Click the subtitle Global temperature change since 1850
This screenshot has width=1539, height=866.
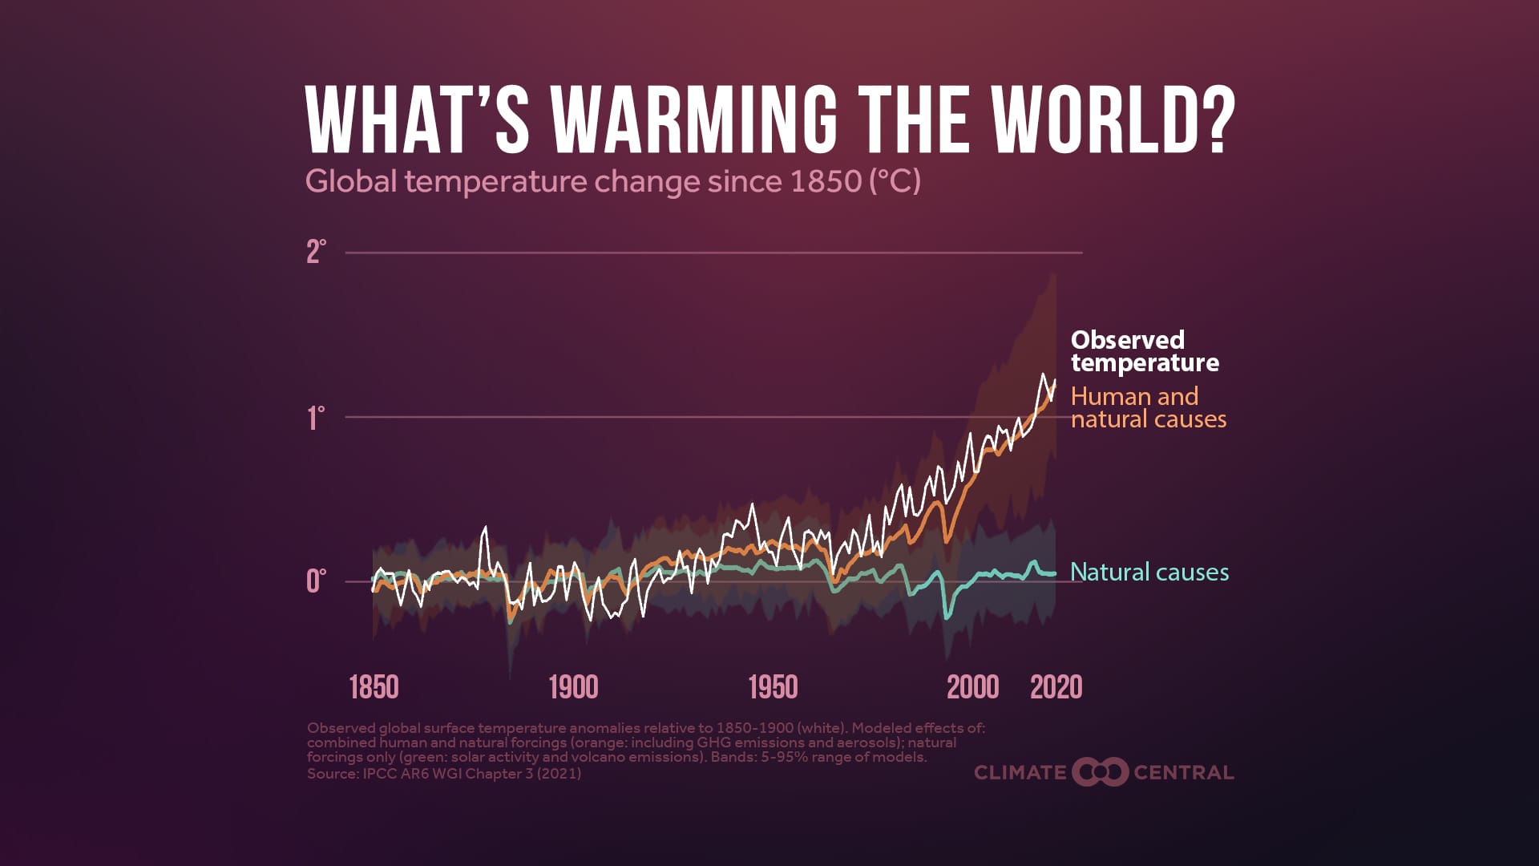click(613, 181)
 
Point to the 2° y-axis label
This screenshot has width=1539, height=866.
click(316, 252)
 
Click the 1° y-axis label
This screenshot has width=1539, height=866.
click(316, 418)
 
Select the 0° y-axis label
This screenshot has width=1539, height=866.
click(316, 581)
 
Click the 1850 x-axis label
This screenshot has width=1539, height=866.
click(374, 687)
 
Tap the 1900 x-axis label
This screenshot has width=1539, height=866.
click(573, 687)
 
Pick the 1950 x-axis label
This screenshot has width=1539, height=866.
click(773, 687)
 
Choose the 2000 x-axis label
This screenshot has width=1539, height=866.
click(972, 687)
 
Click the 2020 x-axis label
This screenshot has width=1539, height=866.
click(1056, 687)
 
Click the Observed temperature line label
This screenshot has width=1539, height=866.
click(1144, 351)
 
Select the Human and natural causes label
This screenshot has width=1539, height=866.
click(1148, 407)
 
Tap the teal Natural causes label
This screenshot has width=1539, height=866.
click(1149, 572)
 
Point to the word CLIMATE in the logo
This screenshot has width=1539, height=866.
click(1020, 773)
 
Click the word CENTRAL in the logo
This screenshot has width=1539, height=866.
click(1183, 773)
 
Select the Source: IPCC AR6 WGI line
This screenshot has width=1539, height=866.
click(444, 774)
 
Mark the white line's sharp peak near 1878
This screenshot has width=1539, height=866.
click(485, 527)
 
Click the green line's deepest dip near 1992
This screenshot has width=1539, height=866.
click(947, 617)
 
